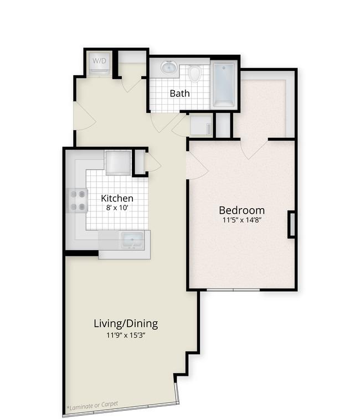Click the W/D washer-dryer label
tap(99, 61)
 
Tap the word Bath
tap(180, 94)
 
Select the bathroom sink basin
tap(169, 67)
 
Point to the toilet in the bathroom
tap(194, 73)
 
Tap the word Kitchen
tap(117, 198)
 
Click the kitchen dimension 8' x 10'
tap(117, 208)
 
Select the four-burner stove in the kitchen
tap(78, 200)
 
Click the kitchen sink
tap(132, 240)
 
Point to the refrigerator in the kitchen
tap(118, 163)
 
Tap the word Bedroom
tap(242, 210)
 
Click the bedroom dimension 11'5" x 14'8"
tap(242, 220)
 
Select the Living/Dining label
tap(126, 324)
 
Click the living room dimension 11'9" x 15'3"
tap(126, 335)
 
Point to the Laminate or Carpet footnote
tap(92, 406)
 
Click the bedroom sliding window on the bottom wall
tap(233, 290)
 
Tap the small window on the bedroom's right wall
tap(292, 224)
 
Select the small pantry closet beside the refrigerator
tap(140, 163)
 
